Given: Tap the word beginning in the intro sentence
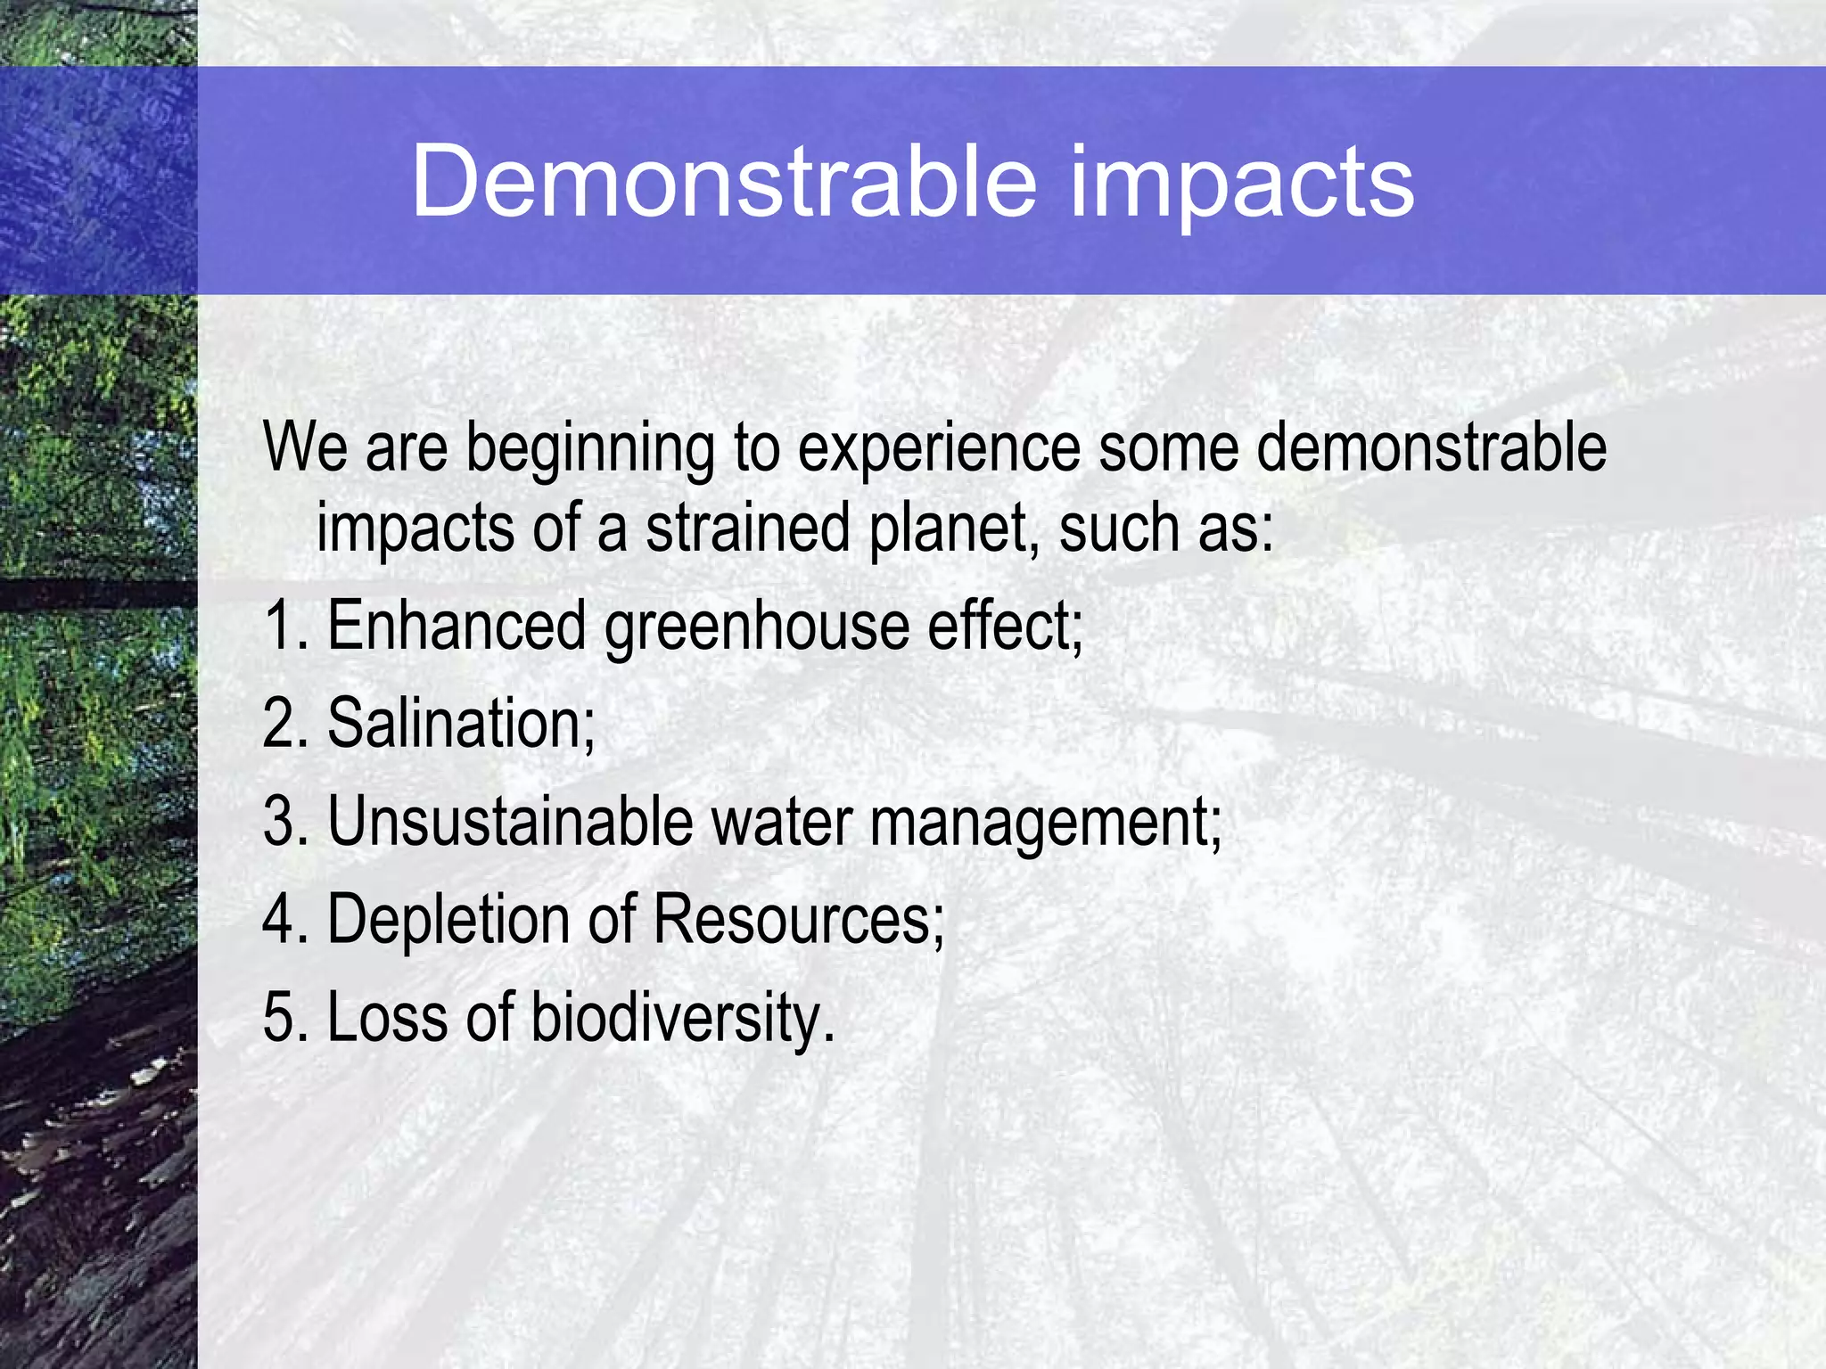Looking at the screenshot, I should click(x=590, y=448).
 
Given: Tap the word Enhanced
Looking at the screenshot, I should click(x=456, y=626).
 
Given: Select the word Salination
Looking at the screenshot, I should click(x=461, y=723).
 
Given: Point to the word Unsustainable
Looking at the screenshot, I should click(x=510, y=821).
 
